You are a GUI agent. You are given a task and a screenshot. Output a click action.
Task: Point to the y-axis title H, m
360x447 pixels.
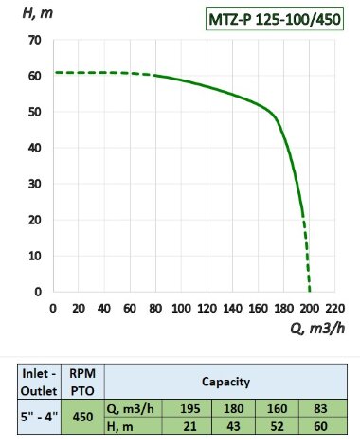(x=26, y=11)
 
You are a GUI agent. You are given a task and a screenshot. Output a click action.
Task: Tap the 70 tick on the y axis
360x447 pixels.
(x=35, y=40)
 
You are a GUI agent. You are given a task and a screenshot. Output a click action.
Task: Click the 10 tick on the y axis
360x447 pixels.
(x=35, y=256)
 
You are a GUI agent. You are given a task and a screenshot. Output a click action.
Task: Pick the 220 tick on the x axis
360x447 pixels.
(x=335, y=308)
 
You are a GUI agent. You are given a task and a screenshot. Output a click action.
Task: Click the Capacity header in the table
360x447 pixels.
(x=224, y=382)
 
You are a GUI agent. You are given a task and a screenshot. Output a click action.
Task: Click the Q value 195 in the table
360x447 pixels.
(x=189, y=408)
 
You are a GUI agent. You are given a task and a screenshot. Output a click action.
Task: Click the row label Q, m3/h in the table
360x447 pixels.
(x=131, y=408)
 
